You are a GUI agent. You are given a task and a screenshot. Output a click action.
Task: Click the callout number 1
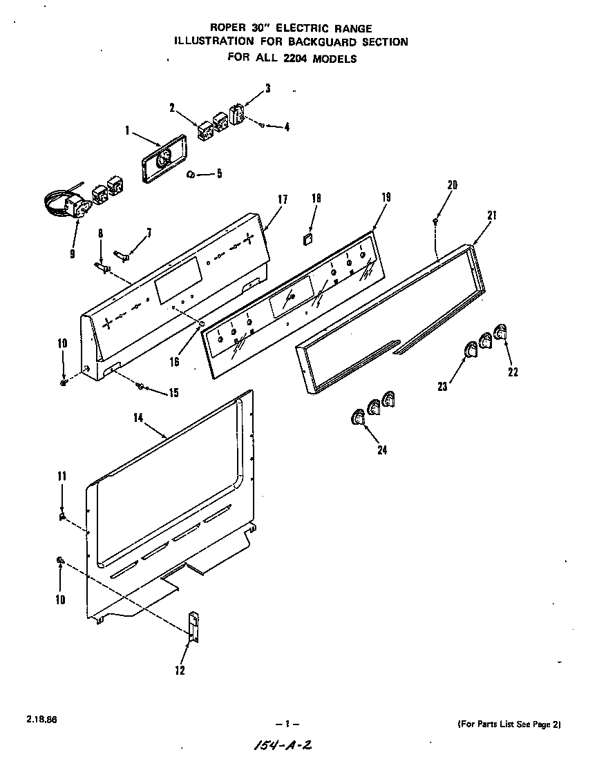(x=129, y=129)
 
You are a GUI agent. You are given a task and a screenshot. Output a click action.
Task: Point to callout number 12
(x=180, y=669)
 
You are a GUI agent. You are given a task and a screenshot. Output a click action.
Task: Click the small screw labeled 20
(x=434, y=221)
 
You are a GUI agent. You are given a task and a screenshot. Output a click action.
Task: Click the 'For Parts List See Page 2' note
(x=509, y=724)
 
